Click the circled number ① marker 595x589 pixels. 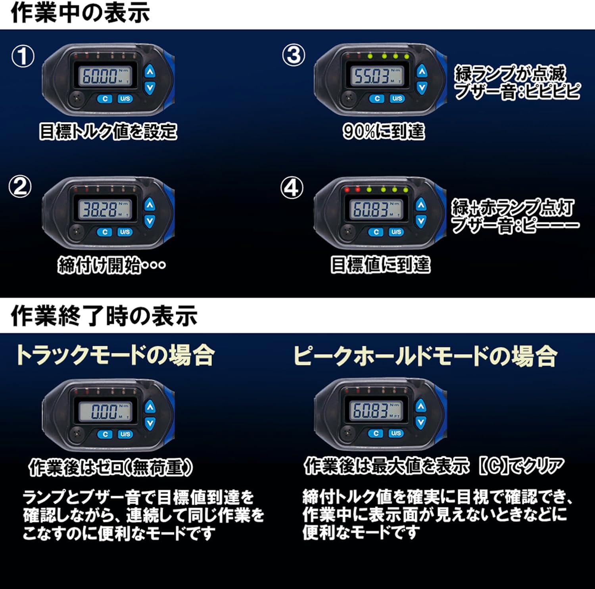pos(23,56)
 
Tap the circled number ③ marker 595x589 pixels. pos(294,55)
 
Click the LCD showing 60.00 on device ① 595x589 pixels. pos(105,75)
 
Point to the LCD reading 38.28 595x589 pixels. pos(105,209)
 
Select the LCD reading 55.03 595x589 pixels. pos(376,75)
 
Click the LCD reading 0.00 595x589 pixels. pos(105,411)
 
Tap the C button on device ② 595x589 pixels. pos(105,232)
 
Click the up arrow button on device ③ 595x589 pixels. pos(422,71)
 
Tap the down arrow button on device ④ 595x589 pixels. pos(421,221)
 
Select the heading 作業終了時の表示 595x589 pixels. pos(104,316)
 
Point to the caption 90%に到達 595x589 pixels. pos(384,131)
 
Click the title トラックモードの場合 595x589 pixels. pos(115,355)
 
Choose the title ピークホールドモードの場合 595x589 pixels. pos(425,355)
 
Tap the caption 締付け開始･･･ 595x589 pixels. pos(111,265)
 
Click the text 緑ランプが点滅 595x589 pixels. pos(510,73)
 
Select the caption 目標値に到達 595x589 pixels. pos(380,265)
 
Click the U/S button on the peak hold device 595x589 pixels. pos(396,433)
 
